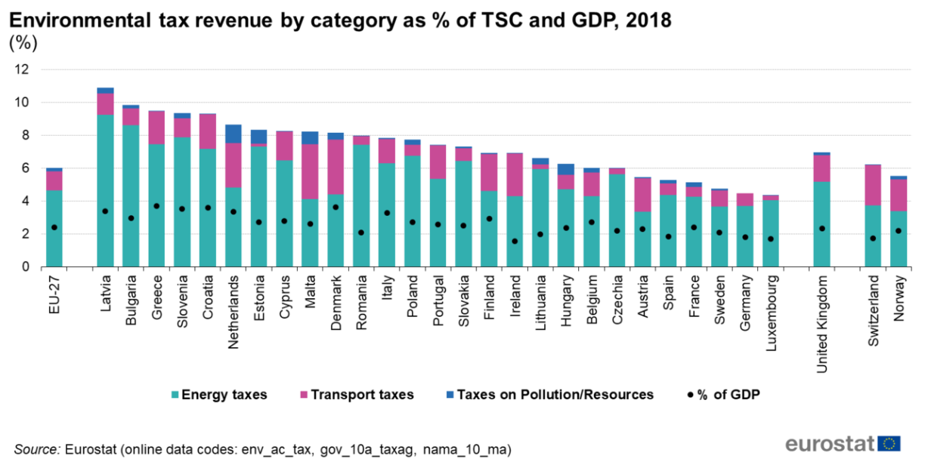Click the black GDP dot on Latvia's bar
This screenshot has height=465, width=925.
click(x=106, y=211)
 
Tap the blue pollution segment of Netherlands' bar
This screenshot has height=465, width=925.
click(x=234, y=134)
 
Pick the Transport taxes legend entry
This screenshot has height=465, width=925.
click(x=356, y=394)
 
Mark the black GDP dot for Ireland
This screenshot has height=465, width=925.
click(x=515, y=242)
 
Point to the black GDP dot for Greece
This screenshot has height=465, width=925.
click(x=156, y=206)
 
